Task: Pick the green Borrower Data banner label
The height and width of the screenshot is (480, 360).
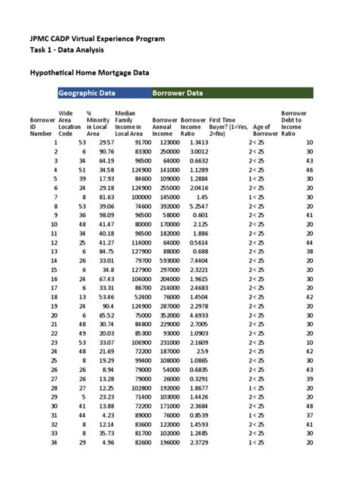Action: click(x=177, y=93)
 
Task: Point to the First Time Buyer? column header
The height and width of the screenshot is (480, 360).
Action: click(x=226, y=127)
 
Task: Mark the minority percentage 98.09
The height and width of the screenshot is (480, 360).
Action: click(x=103, y=215)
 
